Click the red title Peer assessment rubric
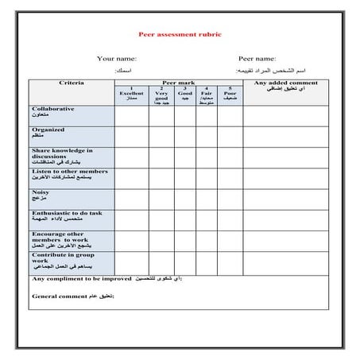pyautogui.click(x=180, y=34)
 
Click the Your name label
pyautogui.click(x=117, y=58)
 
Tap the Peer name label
pyautogui.click(x=257, y=58)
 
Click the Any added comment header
pyautogui.click(x=285, y=83)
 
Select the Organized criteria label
pyautogui.click(x=48, y=130)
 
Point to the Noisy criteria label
pyautogui.click(x=42, y=192)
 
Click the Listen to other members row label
pyautogui.click(x=68, y=171)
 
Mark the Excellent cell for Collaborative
pyautogui.click(x=131, y=115)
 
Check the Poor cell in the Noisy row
pyautogui.click(x=230, y=199)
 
